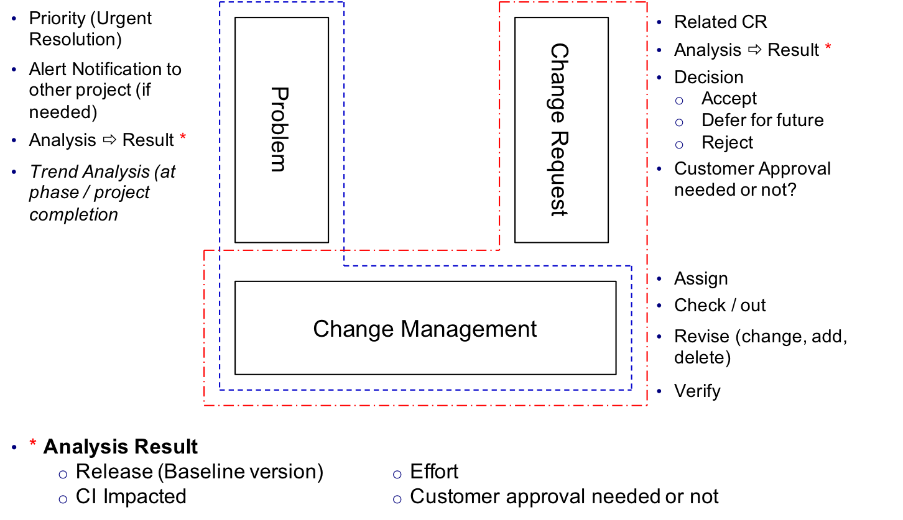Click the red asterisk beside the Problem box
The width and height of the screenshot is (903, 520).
(183, 136)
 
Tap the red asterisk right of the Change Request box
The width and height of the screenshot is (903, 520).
(828, 46)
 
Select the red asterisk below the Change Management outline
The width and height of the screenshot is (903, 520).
(33, 442)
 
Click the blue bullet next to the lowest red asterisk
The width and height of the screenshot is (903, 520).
(14, 447)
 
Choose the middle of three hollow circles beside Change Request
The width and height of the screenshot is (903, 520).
(679, 123)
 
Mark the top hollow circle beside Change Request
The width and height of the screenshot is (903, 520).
(679, 101)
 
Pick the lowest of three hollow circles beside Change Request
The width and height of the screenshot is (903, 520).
(679, 145)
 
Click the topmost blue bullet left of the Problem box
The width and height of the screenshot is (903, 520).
(14, 19)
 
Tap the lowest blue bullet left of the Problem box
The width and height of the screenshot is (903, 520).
(14, 171)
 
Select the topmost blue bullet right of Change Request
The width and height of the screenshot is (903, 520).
(659, 22)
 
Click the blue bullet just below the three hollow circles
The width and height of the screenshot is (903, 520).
(659, 168)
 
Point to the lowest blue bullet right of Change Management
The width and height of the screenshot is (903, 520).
(659, 391)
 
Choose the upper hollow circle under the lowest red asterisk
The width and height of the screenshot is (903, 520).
(63, 475)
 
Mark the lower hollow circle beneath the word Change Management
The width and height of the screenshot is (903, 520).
(397, 499)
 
